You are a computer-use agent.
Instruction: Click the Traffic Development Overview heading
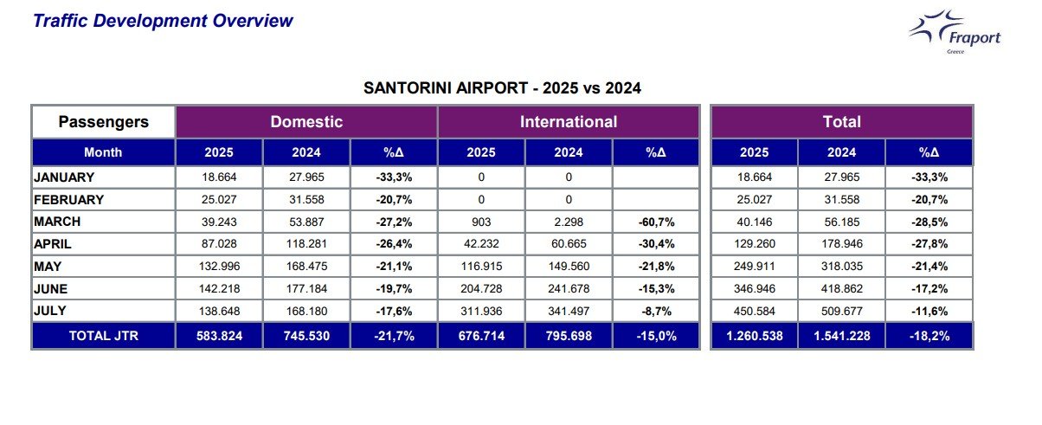[x=163, y=21]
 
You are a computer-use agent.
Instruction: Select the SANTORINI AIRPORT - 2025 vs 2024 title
[x=502, y=88]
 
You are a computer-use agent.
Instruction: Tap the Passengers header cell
[x=103, y=122]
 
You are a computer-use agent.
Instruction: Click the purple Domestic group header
[x=306, y=122]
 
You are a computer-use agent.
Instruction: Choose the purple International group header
[x=569, y=122]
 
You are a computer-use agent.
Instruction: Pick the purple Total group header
[x=842, y=122]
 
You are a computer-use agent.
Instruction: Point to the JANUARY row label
[x=64, y=177]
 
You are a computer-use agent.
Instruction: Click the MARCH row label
[x=58, y=222]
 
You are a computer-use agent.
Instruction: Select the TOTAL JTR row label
[x=103, y=336]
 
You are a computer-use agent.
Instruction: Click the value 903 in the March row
[x=481, y=222]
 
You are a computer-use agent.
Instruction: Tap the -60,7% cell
[x=655, y=222]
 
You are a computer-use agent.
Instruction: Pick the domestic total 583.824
[x=219, y=336]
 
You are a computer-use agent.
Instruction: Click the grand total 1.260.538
[x=754, y=336]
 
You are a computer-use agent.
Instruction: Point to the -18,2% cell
[x=929, y=336]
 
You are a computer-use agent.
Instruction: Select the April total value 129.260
[x=754, y=244]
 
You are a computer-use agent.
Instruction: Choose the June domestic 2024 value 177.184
[x=306, y=287]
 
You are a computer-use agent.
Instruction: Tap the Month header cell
[x=103, y=152]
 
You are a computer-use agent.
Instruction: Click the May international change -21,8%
[x=655, y=266]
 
